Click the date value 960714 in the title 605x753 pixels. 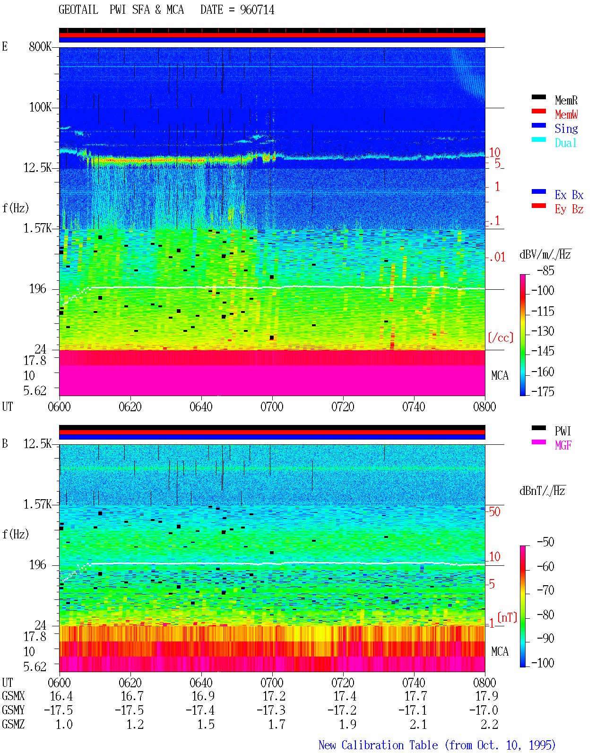(x=257, y=10)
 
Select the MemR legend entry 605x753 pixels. (x=566, y=100)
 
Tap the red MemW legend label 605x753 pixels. (x=566, y=114)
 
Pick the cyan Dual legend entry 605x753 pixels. (x=565, y=143)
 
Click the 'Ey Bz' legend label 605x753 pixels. (x=569, y=209)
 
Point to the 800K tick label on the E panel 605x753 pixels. (x=40, y=46)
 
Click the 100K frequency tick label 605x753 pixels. (x=40, y=107)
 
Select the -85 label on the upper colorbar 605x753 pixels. (x=545, y=270)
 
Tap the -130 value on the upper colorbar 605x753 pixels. (x=543, y=331)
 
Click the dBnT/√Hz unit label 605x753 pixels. (x=542, y=491)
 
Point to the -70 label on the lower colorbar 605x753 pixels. (x=545, y=590)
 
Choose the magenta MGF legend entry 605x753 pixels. (x=563, y=445)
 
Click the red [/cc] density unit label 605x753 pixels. (x=501, y=338)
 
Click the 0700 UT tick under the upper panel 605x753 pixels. (x=272, y=407)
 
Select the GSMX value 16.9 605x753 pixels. (x=203, y=696)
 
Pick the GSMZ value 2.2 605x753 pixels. (x=489, y=724)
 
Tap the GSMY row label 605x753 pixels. (x=13, y=710)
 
